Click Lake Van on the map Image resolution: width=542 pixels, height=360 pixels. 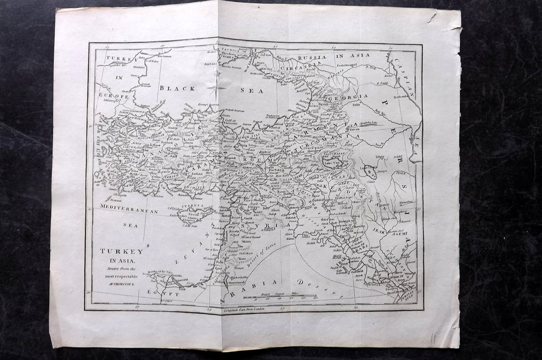click(x=331, y=161)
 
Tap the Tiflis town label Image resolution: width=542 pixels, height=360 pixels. click(x=356, y=104)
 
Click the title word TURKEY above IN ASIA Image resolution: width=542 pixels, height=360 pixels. click(x=122, y=251)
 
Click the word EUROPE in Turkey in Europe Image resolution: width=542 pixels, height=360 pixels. click(x=113, y=96)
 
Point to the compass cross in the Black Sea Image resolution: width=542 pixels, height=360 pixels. click(x=213, y=89)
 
